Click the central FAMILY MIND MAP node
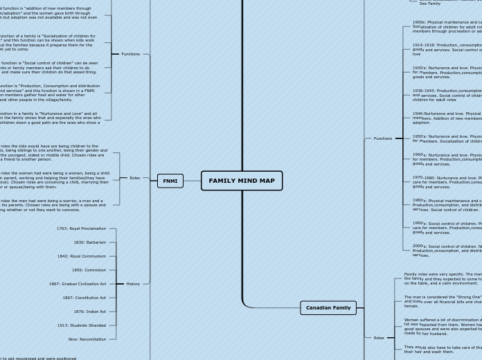click(x=241, y=181)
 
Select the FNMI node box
click(x=170, y=181)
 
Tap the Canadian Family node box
click(x=328, y=307)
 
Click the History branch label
click(x=133, y=284)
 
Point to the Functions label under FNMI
click(x=130, y=54)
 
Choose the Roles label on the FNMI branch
click(x=134, y=178)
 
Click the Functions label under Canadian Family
click(x=382, y=138)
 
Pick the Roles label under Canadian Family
click(x=378, y=338)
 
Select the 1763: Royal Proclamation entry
click(x=81, y=228)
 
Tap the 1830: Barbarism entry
click(x=89, y=242)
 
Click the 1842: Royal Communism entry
click(x=81, y=256)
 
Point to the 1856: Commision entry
click(x=89, y=270)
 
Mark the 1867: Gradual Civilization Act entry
click(x=77, y=284)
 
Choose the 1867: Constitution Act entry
click(x=84, y=298)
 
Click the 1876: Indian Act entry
click(x=89, y=312)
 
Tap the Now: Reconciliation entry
click(x=87, y=339)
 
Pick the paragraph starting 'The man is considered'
click(x=443, y=301)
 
